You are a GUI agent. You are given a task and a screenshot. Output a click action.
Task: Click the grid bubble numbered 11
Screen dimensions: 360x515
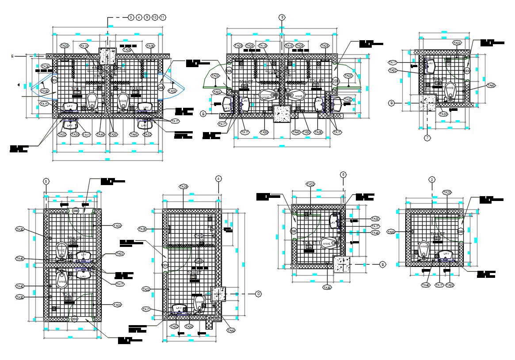(x=163, y=17)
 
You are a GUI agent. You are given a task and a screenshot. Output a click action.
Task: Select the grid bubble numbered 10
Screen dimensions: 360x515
(x=155, y=17)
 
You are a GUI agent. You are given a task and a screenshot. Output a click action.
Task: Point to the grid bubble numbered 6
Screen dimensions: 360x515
(x=343, y=174)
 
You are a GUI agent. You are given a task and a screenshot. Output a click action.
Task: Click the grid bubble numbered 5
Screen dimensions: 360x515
(x=46, y=181)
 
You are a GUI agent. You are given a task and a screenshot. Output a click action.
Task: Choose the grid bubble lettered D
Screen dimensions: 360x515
(x=258, y=294)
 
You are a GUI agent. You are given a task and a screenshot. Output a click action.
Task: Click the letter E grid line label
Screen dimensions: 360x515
(x=13, y=56)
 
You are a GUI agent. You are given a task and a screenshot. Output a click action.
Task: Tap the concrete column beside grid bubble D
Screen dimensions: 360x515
(x=219, y=294)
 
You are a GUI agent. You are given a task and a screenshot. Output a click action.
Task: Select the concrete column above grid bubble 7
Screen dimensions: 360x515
(x=427, y=103)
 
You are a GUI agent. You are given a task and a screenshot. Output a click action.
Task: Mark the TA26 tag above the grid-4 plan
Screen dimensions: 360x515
(x=183, y=187)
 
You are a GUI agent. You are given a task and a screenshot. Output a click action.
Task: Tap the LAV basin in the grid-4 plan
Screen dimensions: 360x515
(x=179, y=308)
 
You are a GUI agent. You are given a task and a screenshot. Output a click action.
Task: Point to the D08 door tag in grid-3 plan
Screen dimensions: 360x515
(x=461, y=231)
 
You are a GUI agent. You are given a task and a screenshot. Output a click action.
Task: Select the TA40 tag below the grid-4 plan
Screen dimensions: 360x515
(x=230, y=330)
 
